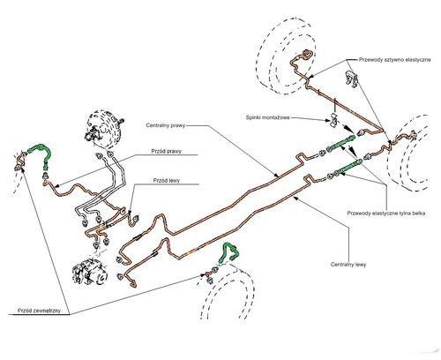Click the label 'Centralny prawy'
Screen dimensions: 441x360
click(166, 125)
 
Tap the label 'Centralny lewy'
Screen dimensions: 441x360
click(348, 265)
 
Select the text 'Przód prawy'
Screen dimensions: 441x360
click(167, 151)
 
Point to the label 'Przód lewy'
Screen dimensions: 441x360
click(167, 180)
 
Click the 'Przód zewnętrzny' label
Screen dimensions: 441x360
click(39, 311)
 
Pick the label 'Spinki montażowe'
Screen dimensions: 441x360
click(267, 117)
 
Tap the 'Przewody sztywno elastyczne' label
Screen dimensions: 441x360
click(395, 60)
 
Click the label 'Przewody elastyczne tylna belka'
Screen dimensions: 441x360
click(386, 214)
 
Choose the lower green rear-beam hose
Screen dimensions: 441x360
click(347, 169)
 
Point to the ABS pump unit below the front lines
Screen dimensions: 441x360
click(89, 271)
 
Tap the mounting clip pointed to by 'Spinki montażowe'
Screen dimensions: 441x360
click(334, 120)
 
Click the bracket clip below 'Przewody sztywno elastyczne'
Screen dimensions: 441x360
click(352, 79)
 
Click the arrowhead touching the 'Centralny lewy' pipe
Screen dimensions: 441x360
click(295, 199)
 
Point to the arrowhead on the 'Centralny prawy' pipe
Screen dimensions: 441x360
click(276, 175)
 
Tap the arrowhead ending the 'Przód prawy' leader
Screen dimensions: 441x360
click(57, 185)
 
